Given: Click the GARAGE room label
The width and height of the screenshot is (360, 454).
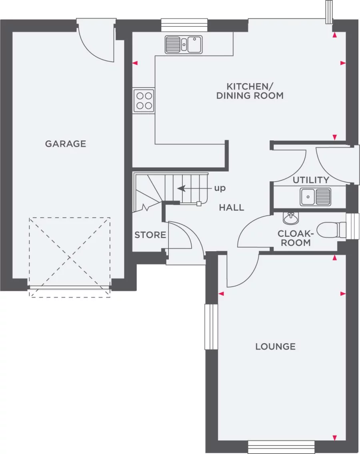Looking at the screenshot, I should pos(65,144).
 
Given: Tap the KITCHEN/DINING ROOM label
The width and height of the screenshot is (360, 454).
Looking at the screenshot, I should pos(250,91).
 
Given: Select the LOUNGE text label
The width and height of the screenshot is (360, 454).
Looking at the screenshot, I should pos(276,346).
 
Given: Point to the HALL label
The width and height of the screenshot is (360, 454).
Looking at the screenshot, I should pos(231,208).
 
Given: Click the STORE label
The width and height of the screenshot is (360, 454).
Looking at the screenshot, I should pos(150,235).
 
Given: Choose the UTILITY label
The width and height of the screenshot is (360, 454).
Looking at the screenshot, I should pos(311,180).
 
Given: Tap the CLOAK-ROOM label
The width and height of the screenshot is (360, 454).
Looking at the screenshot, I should pos(294,238).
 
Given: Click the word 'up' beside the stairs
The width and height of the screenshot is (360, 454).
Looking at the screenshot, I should pos(220,188).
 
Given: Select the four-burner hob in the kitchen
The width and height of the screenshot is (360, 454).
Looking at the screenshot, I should pos(144,100).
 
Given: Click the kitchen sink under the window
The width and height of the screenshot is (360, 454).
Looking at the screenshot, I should pos(184,44).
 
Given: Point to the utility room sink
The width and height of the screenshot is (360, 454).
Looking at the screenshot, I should pos(316,196).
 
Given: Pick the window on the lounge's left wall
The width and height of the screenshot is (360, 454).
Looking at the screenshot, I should pos(211,327).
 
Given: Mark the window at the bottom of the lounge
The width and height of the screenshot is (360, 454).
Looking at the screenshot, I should pos(281,447).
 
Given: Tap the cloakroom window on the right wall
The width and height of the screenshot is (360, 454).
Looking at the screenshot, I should pos(353,226).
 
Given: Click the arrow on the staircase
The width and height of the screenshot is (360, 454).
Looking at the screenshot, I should pos(188,188).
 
